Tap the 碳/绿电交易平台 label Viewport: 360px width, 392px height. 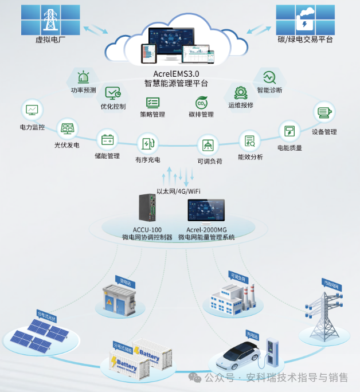[306, 40]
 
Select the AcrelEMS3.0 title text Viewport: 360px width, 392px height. [176, 74]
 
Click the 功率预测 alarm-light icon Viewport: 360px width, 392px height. [84, 77]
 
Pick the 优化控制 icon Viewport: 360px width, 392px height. [112, 93]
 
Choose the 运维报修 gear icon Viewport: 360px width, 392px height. [240, 92]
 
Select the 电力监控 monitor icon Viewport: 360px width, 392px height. [32, 109]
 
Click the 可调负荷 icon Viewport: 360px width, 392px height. [209, 144]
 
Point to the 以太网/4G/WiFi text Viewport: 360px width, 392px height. [178, 191]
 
